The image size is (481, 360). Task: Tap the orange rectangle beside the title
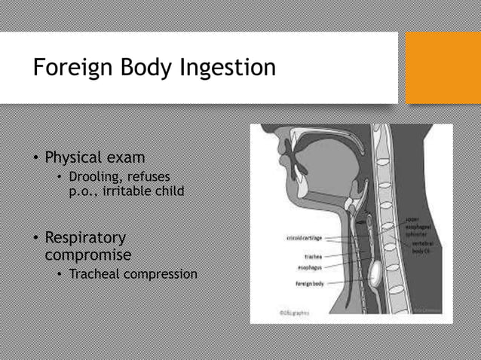(x=443, y=68)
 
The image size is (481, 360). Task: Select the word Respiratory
(x=85, y=238)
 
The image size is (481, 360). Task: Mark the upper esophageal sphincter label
(x=418, y=225)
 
